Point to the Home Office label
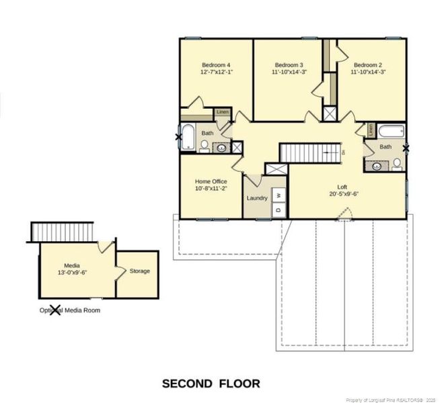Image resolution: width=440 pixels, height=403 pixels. pyautogui.click(x=211, y=181)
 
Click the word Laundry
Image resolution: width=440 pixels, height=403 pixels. pyautogui.click(x=257, y=198)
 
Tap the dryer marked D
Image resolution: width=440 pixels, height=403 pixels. pyautogui.click(x=278, y=210)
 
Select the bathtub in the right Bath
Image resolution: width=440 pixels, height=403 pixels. pyautogui.click(x=390, y=131)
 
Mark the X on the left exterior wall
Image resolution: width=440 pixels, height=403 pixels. pyautogui.click(x=178, y=138)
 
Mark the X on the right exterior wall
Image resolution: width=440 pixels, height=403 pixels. pyautogui.click(x=406, y=148)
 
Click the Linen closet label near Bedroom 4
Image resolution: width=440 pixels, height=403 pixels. pyautogui.click(x=222, y=111)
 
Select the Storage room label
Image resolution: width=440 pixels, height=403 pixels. pyautogui.click(x=139, y=271)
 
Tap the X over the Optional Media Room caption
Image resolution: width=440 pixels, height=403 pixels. pyautogui.click(x=56, y=310)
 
